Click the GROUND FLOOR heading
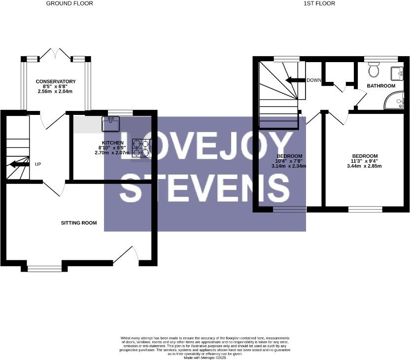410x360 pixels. click(x=69, y=3)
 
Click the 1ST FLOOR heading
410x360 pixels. click(x=319, y=3)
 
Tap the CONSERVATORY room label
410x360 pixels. click(x=55, y=81)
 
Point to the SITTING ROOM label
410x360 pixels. click(x=79, y=223)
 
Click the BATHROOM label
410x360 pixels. click(x=381, y=86)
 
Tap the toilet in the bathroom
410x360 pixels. click(x=374, y=70)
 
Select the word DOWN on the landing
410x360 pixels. click(x=314, y=80)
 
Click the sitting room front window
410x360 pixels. click(x=45, y=268)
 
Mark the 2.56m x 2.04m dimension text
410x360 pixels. click(x=55, y=91)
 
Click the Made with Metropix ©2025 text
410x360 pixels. click(x=205, y=358)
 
